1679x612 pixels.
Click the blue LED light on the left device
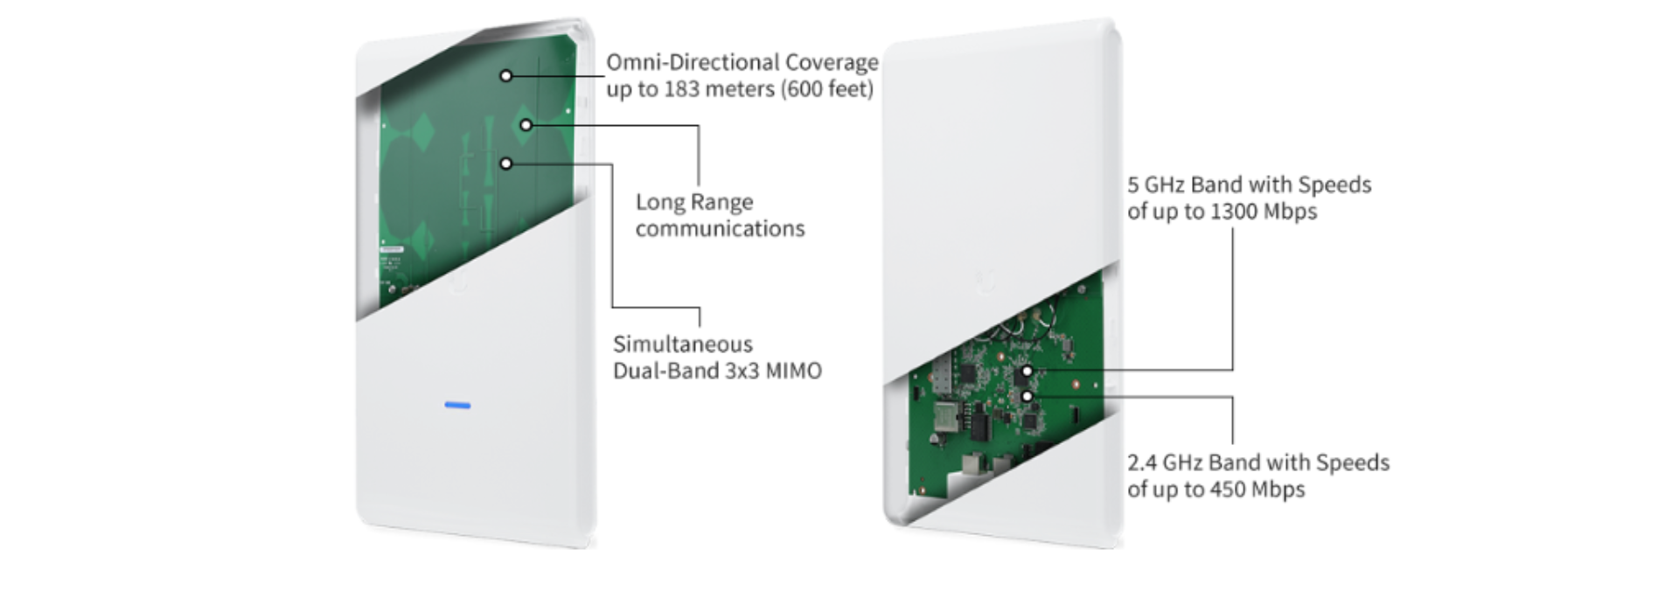pos(457,406)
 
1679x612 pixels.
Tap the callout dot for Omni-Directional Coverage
pos(505,76)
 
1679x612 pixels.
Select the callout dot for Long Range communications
pos(526,125)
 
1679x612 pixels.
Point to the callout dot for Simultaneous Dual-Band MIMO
pos(505,163)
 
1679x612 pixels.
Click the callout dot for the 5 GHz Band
pos(1027,371)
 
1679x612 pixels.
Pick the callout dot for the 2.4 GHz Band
pos(1027,397)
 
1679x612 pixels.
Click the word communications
pos(720,229)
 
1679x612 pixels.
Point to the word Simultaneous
pos(682,344)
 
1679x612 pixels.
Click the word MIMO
pos(794,371)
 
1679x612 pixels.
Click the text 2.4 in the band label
pos(1141,463)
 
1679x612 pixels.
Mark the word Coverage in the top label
pos(831,63)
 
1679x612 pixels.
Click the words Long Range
pos(694,203)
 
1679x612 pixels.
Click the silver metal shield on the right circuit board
pos(945,417)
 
